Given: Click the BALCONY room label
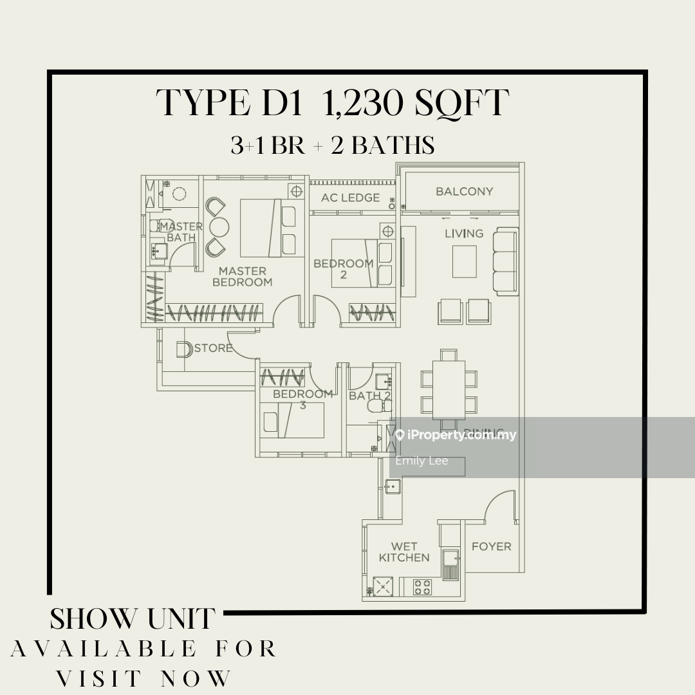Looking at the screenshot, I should pos(464,191).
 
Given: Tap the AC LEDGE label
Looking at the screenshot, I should pos(351,198).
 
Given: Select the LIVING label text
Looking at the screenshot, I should pos(464,234).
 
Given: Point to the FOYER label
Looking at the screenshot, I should pos(492,546).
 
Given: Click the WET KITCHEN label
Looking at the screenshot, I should pos(404,552).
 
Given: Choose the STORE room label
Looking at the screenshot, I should pos(213,348).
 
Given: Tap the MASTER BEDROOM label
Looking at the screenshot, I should pos(242,277).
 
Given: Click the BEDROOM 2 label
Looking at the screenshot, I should pos(344,269).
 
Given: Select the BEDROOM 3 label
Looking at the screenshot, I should pos(302,400).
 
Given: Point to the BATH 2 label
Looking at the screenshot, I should pos(370,396).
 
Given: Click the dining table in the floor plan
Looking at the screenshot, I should pos(449,390).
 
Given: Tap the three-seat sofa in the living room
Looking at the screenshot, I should pos(506,261).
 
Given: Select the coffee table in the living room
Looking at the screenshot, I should pos(464,261).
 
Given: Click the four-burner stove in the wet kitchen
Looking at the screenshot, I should pos(422,586).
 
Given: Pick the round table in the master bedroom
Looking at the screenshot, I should pos(220,227).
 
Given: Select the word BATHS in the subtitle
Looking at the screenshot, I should pos(394,146).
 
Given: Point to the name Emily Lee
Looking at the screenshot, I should pos(422,461).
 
